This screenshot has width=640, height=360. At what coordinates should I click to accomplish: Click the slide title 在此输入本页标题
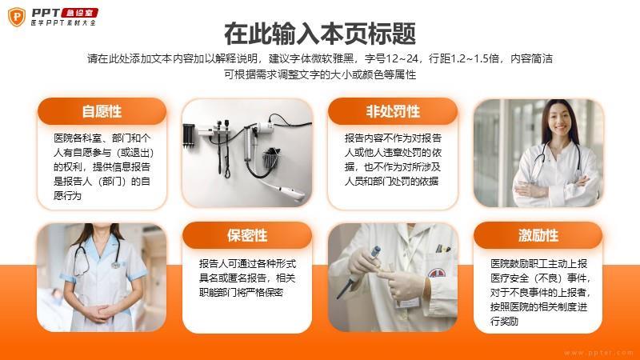pos(320,34)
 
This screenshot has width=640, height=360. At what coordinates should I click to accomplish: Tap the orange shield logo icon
pos(17,17)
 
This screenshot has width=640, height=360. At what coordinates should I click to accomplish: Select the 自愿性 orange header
pos(102,111)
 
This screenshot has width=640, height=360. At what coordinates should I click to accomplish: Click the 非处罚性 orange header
pos(393,111)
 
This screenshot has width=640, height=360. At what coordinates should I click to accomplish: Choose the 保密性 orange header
pos(247,235)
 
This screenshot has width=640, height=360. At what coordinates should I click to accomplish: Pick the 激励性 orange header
pos(538,235)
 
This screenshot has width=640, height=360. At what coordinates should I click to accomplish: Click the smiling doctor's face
pos(560,118)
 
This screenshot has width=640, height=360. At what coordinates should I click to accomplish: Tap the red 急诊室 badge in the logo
pos(79,13)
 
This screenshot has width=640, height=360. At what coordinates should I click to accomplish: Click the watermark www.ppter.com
pos(598,353)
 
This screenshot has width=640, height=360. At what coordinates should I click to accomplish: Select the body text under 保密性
pos(247,278)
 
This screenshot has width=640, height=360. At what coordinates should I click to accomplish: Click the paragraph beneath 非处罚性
pos(393,159)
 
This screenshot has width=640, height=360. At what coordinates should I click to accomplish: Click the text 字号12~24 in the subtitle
pos(391,58)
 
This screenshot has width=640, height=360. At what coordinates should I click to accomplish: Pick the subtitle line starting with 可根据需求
pos(320,74)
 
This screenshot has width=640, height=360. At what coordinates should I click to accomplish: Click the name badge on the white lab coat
pos(408,303)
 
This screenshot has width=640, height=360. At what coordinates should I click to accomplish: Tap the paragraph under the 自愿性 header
pos(102,166)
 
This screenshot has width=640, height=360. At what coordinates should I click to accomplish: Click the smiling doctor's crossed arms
pos(556,189)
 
